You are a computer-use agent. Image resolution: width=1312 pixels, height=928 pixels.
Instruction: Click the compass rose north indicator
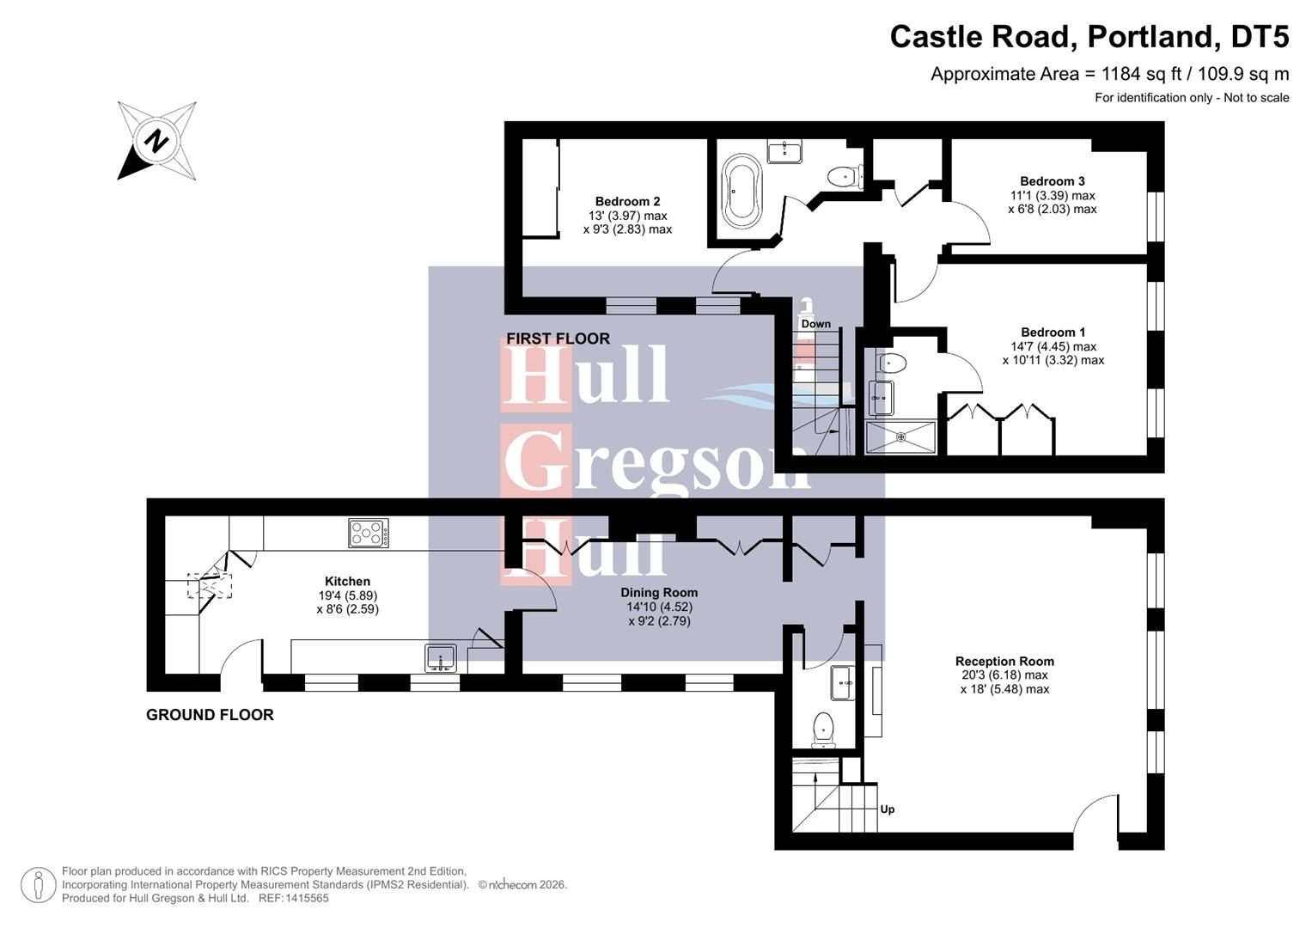pyautogui.click(x=156, y=141)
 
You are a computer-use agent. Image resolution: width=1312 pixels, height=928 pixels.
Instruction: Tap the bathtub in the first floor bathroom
pyautogui.click(x=741, y=191)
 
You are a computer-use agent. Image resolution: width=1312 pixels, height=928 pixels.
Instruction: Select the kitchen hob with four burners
pyautogui.click(x=369, y=533)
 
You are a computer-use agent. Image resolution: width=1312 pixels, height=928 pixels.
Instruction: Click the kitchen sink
pyautogui.click(x=441, y=657)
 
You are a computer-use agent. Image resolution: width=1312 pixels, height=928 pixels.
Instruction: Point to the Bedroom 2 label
pyautogui.click(x=627, y=201)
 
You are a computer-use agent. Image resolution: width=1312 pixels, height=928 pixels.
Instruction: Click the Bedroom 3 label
pyautogui.click(x=1052, y=180)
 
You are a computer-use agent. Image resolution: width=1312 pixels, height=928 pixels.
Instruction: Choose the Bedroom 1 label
pyautogui.click(x=1053, y=332)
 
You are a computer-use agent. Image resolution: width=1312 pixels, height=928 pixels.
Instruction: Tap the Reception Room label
pyautogui.click(x=1004, y=661)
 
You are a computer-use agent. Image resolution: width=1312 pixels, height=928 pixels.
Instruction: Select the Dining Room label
pyautogui.click(x=659, y=592)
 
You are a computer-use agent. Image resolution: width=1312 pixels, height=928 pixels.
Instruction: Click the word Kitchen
pyautogui.click(x=347, y=581)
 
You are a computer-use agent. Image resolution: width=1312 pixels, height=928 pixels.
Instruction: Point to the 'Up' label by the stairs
pyautogui.click(x=888, y=809)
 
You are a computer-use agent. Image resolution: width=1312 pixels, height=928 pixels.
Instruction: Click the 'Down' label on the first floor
pyautogui.click(x=815, y=324)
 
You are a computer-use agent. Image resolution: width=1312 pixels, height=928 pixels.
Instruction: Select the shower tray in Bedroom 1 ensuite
pyautogui.click(x=900, y=437)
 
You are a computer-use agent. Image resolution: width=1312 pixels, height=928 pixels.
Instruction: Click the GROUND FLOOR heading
pyautogui.click(x=210, y=714)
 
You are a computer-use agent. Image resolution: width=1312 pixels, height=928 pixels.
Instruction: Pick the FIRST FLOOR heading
pyautogui.click(x=558, y=338)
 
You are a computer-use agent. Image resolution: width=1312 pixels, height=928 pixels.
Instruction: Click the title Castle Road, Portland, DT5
pyautogui.click(x=1089, y=37)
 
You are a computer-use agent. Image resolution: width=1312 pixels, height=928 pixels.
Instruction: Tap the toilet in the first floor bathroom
pyautogui.click(x=844, y=177)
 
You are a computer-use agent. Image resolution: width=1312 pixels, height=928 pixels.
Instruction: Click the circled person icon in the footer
pyautogui.click(x=38, y=885)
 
